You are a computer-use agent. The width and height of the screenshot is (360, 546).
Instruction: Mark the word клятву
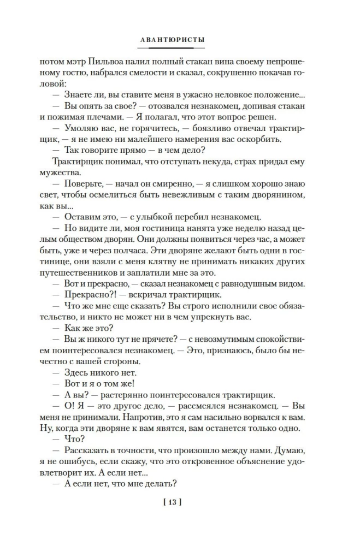pyautogui.click(x=154, y=265)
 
